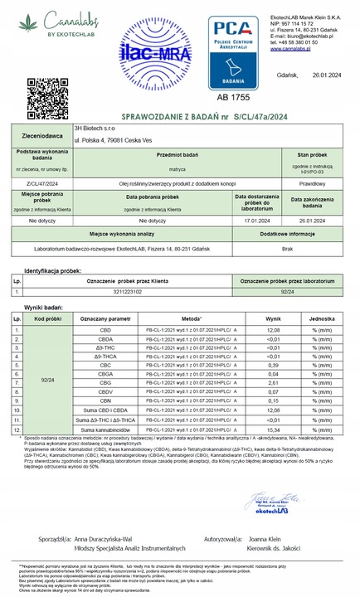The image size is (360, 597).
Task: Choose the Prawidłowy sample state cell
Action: coord(314,182)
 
